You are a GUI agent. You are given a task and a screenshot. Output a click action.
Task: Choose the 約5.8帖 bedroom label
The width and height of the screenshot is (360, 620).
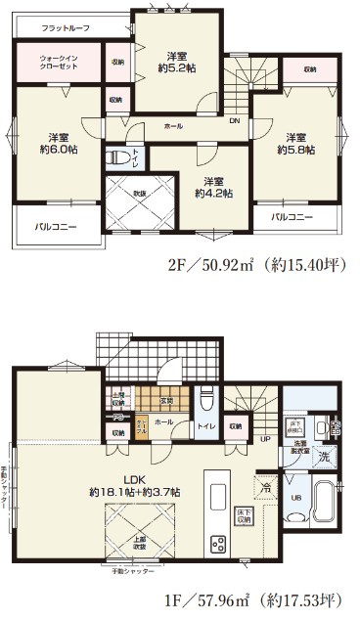[x=295, y=143]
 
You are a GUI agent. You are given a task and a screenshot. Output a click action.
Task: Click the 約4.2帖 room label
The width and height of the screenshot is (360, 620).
[x=213, y=187]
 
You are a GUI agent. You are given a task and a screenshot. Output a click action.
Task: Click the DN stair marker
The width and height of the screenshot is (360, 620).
[x=235, y=122]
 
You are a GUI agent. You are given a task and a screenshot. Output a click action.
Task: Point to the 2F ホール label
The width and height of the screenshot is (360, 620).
[x=172, y=126]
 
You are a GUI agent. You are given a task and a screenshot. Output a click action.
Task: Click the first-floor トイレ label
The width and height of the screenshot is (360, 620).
[x=207, y=425]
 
